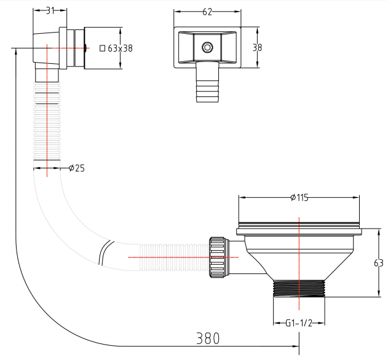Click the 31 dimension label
pos(50,10)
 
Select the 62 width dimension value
pos(207,12)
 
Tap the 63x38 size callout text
pos(121,48)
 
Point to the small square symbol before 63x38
pos(103,48)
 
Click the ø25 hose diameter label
pos(77,168)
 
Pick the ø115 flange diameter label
pos(299,198)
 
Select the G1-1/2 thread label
pos(299,323)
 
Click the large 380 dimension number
pos(208,338)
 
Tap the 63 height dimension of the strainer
pos(379,263)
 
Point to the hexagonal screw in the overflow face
pos(207,47)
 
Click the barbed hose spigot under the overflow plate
pos(208,82)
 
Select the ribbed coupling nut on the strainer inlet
pos(217,257)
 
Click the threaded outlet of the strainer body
pos(299,288)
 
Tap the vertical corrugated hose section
pos(47,121)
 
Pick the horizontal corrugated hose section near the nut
pos(175,257)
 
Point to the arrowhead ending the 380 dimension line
pos(296,346)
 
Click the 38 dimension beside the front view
pos(257,47)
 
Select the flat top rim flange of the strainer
pos(299,232)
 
